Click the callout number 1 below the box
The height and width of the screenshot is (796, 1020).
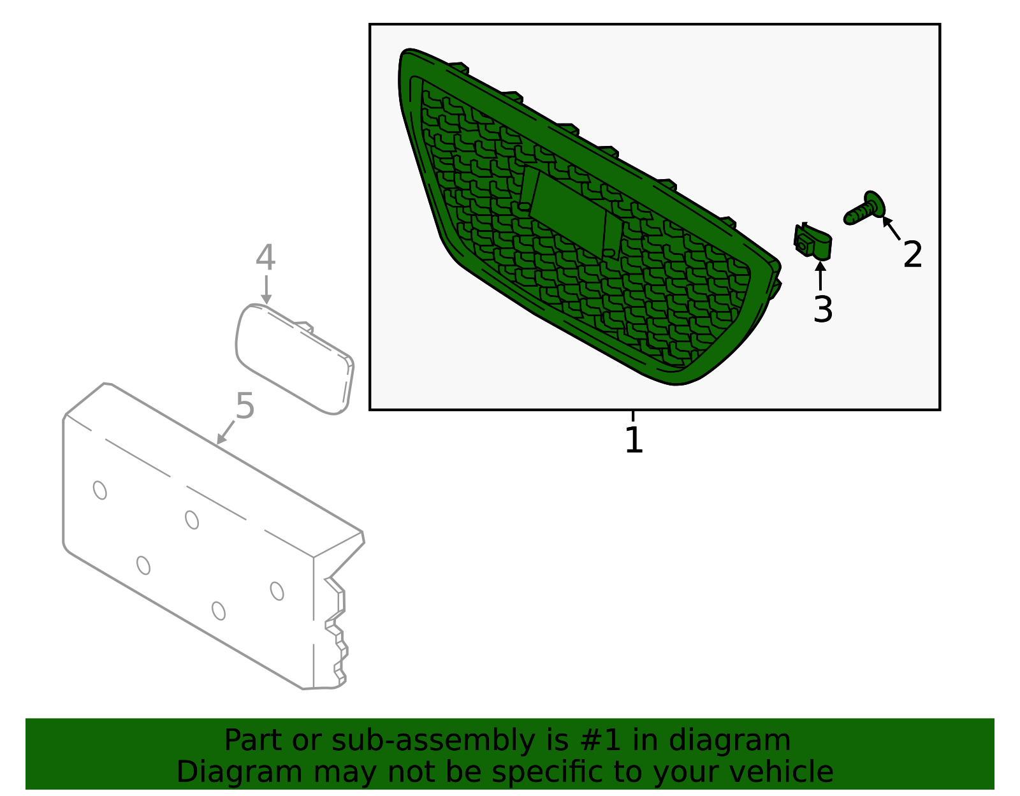tap(634, 440)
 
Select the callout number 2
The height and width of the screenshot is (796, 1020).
tap(913, 254)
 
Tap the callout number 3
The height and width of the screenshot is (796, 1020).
tap(823, 309)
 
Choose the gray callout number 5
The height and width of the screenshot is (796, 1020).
tap(245, 406)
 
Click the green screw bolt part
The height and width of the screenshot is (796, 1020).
tap(864, 209)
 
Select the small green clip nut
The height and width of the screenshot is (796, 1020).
tap(813, 241)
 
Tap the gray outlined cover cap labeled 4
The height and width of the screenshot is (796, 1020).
tap(295, 359)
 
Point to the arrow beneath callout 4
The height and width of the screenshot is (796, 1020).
tap(266, 289)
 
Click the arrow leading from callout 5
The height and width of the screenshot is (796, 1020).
tap(225, 432)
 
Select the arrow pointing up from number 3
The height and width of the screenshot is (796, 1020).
tap(820, 276)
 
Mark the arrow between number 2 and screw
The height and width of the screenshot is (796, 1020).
tap(891, 228)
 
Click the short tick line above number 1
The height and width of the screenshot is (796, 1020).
tap(633, 416)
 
